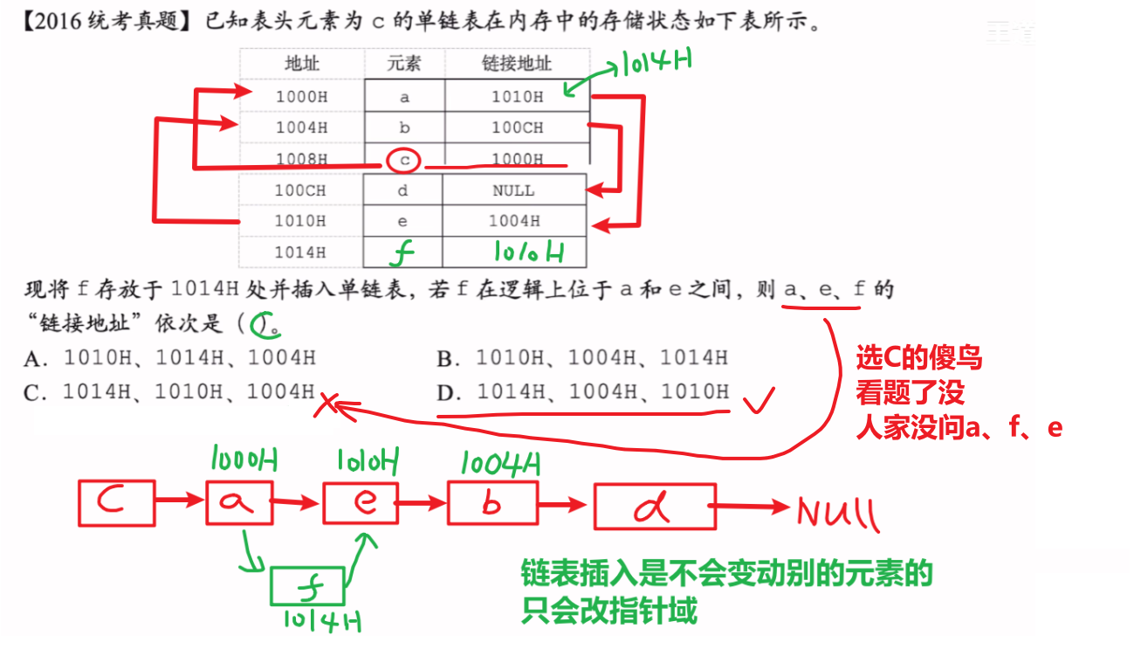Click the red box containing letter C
pyautogui.click(x=79, y=503)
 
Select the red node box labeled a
pyautogui.click(x=207, y=502)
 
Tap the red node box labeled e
pyautogui.click(x=324, y=502)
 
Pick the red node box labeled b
pyautogui.click(x=449, y=503)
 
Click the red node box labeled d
pyautogui.click(x=594, y=507)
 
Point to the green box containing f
pyautogui.click(x=271, y=586)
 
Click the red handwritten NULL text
pyautogui.click(x=838, y=513)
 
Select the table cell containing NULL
pyautogui.click(x=514, y=190)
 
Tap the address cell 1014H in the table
pyautogui.click(x=300, y=252)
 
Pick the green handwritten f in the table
pyautogui.click(x=402, y=252)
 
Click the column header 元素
pyautogui.click(x=404, y=63)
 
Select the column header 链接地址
pyautogui.click(x=517, y=63)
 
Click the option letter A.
pyautogui.click(x=36, y=359)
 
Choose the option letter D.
pyautogui.click(x=449, y=392)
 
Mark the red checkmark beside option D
pyautogui.click(x=759, y=401)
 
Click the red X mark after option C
pyautogui.click(x=326, y=405)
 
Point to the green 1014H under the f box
pyautogui.click(x=322, y=621)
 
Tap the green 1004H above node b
pyautogui.click(x=500, y=464)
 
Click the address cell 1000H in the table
pyautogui.click(x=302, y=96)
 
